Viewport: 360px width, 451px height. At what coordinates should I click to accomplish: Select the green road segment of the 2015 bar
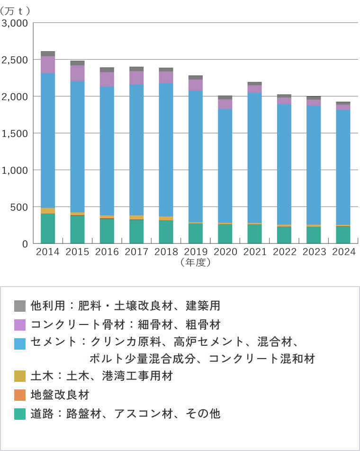click(77, 229)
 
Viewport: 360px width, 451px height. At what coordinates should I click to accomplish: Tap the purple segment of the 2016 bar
click(107, 79)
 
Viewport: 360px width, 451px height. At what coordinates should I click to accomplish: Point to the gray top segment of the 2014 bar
click(48, 54)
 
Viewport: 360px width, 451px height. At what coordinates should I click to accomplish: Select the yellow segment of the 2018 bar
click(166, 218)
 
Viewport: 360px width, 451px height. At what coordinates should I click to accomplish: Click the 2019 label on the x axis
click(195, 252)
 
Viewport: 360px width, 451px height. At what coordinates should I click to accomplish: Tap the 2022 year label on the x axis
click(284, 252)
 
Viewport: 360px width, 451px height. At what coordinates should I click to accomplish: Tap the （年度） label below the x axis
click(195, 262)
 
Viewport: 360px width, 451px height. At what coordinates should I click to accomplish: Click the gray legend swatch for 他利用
click(20, 306)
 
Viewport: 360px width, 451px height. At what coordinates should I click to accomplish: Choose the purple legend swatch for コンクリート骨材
click(20, 325)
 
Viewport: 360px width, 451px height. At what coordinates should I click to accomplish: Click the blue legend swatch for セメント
click(20, 343)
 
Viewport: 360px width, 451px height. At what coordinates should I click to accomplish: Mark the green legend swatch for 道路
click(20, 414)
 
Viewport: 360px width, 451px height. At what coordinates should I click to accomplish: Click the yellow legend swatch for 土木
click(20, 376)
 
